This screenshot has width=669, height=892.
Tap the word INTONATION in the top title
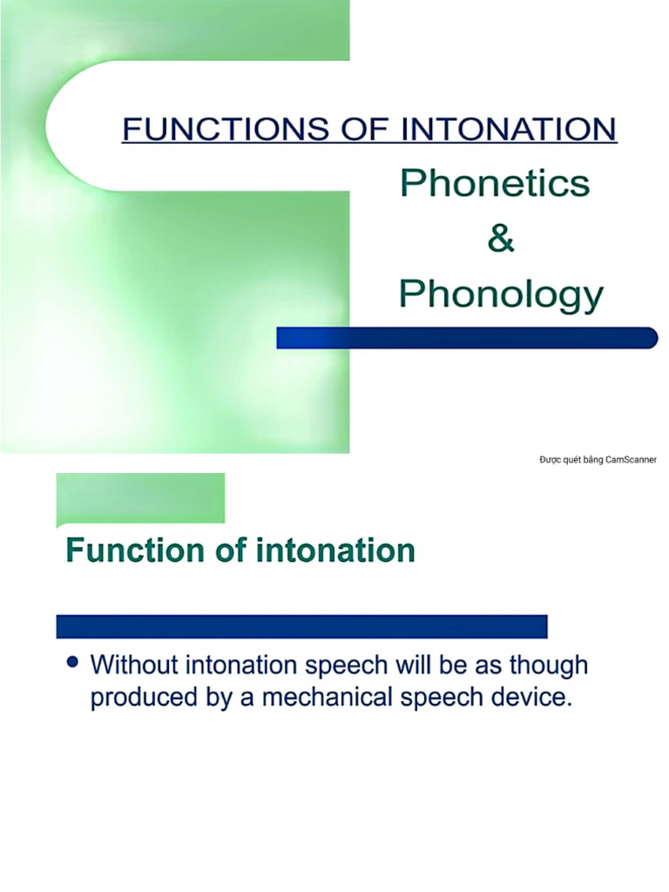click(x=509, y=129)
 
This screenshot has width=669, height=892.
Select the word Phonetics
click(x=495, y=184)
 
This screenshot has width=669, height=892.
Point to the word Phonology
click(x=501, y=294)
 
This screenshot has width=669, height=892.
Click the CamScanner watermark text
click(x=598, y=460)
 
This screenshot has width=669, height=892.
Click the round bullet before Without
click(x=73, y=663)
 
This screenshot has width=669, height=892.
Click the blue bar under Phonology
click(x=467, y=338)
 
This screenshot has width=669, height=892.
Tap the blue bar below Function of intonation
click(x=301, y=626)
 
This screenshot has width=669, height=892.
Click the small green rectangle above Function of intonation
click(x=140, y=498)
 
